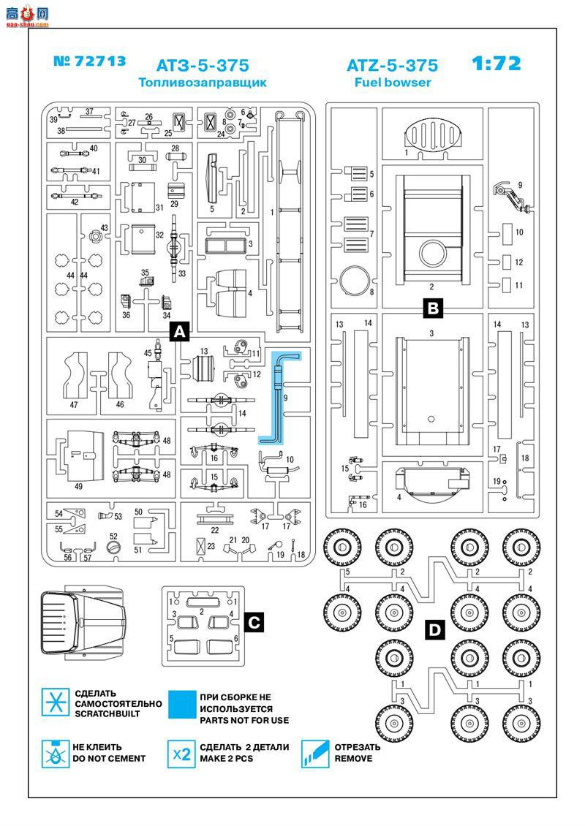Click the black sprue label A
(x=180, y=331)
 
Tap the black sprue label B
(x=433, y=308)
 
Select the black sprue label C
(x=252, y=622)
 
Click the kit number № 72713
(x=90, y=61)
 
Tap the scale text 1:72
(x=497, y=64)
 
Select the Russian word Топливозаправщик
(x=203, y=83)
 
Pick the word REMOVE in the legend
(x=353, y=759)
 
